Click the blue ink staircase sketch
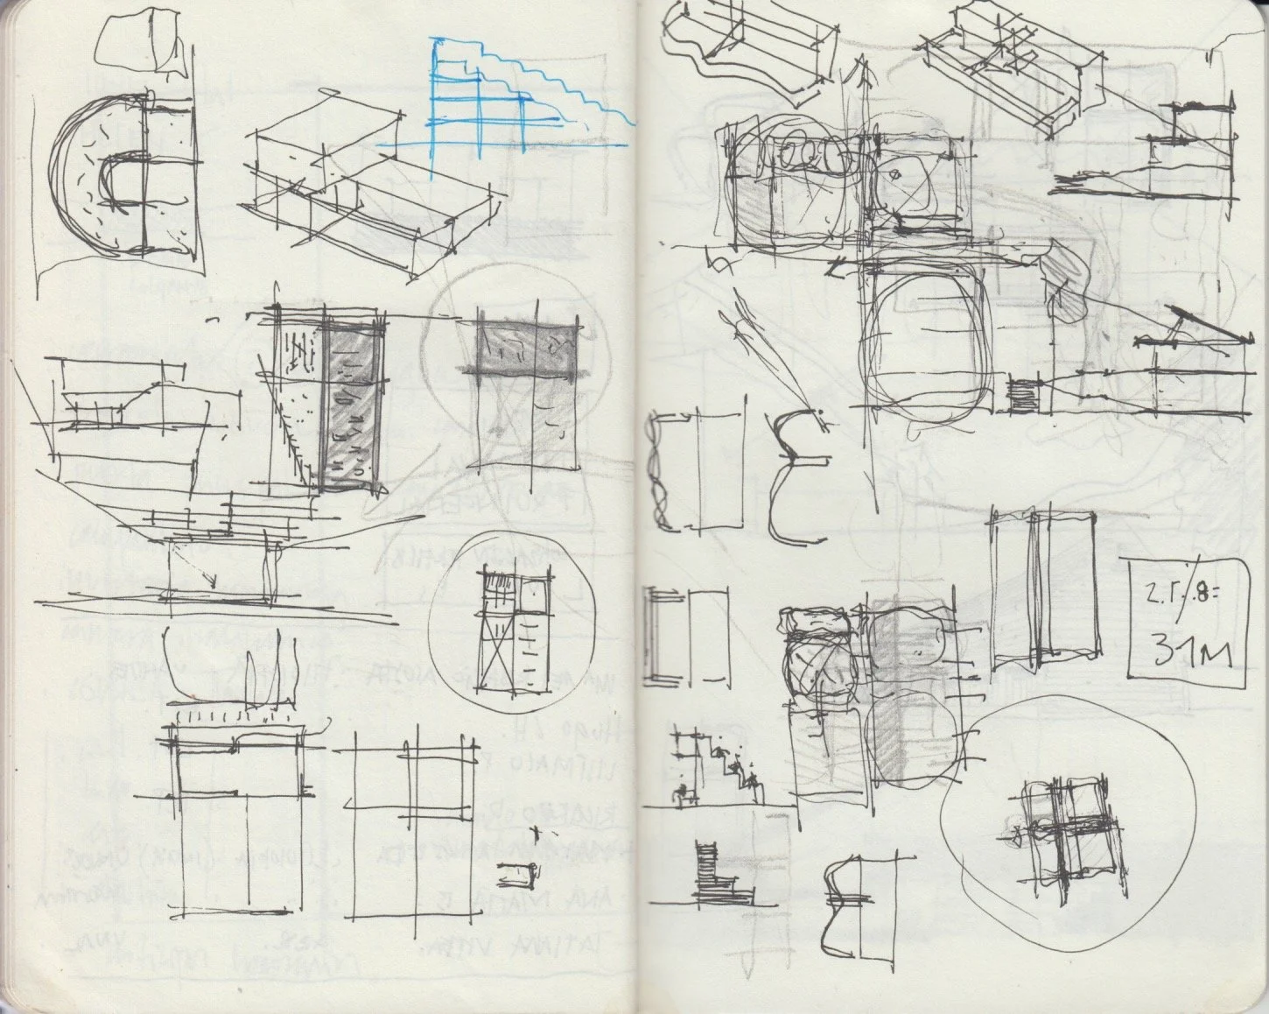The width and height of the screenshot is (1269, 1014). click(508, 96)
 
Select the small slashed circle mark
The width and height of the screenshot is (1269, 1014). click(894, 174)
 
